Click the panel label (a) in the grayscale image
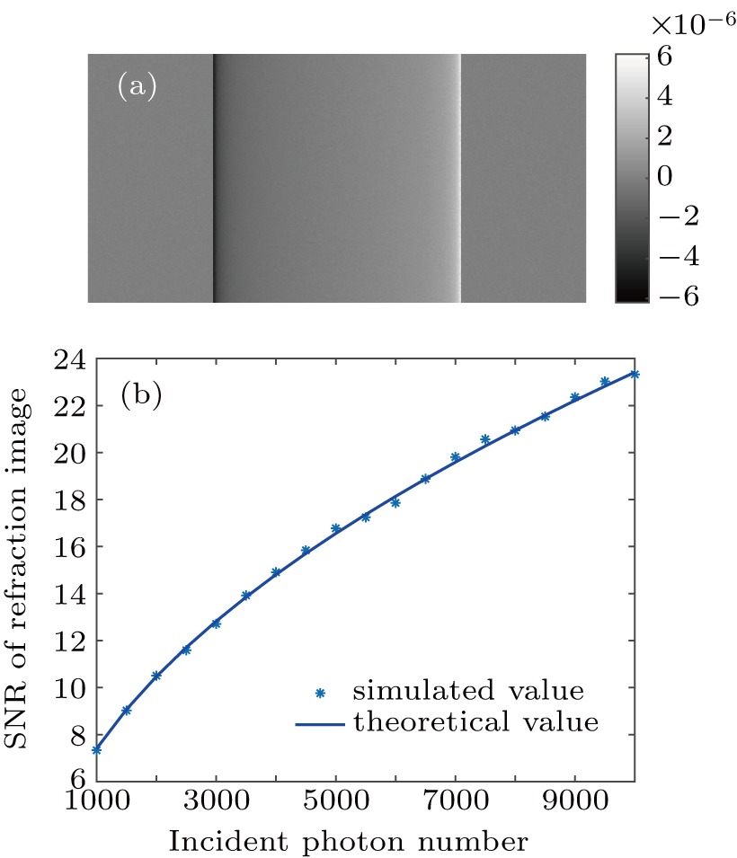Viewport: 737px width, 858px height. [137, 86]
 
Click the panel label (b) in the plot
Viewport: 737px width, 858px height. [142, 396]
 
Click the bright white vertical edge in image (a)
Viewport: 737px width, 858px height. [459, 178]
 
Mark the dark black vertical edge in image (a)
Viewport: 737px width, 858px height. [214, 178]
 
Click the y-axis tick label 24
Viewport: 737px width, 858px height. [67, 359]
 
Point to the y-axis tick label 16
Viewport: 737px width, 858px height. [67, 547]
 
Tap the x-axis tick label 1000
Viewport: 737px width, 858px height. [96, 806]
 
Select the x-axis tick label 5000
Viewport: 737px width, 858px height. [335, 806]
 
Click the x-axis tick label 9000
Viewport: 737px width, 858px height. [574, 806]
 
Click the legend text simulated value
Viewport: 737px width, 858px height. [468, 692]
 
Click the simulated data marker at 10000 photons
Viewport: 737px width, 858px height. [635, 374]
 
